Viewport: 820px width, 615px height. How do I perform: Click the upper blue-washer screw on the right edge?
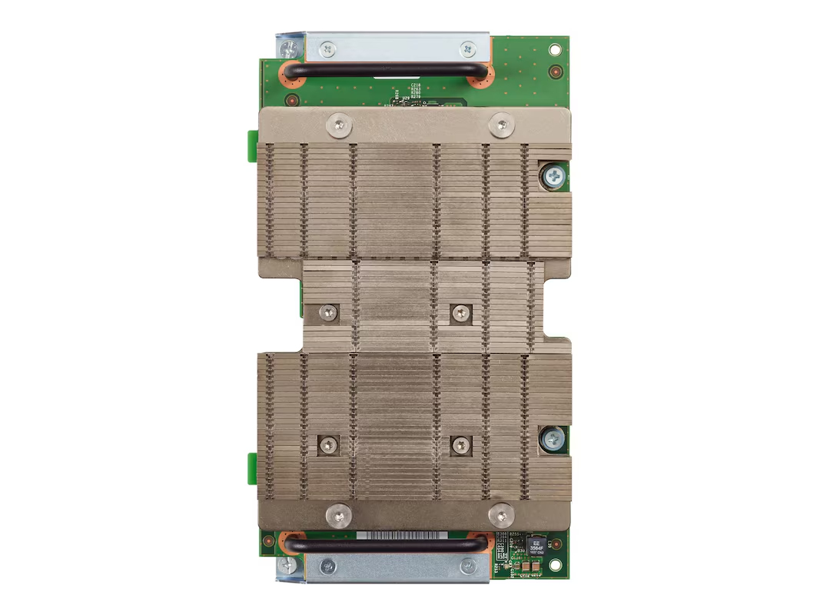tap(552, 176)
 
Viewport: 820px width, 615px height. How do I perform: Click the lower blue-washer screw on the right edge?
tap(552, 440)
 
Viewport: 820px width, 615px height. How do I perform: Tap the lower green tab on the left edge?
tap(251, 464)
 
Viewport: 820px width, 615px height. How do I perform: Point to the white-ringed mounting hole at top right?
tap(556, 48)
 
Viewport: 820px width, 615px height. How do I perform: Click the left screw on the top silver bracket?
tap(329, 49)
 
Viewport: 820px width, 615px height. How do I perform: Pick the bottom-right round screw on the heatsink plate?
tap(501, 514)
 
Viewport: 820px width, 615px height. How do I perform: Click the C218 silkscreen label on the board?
tap(415, 85)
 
